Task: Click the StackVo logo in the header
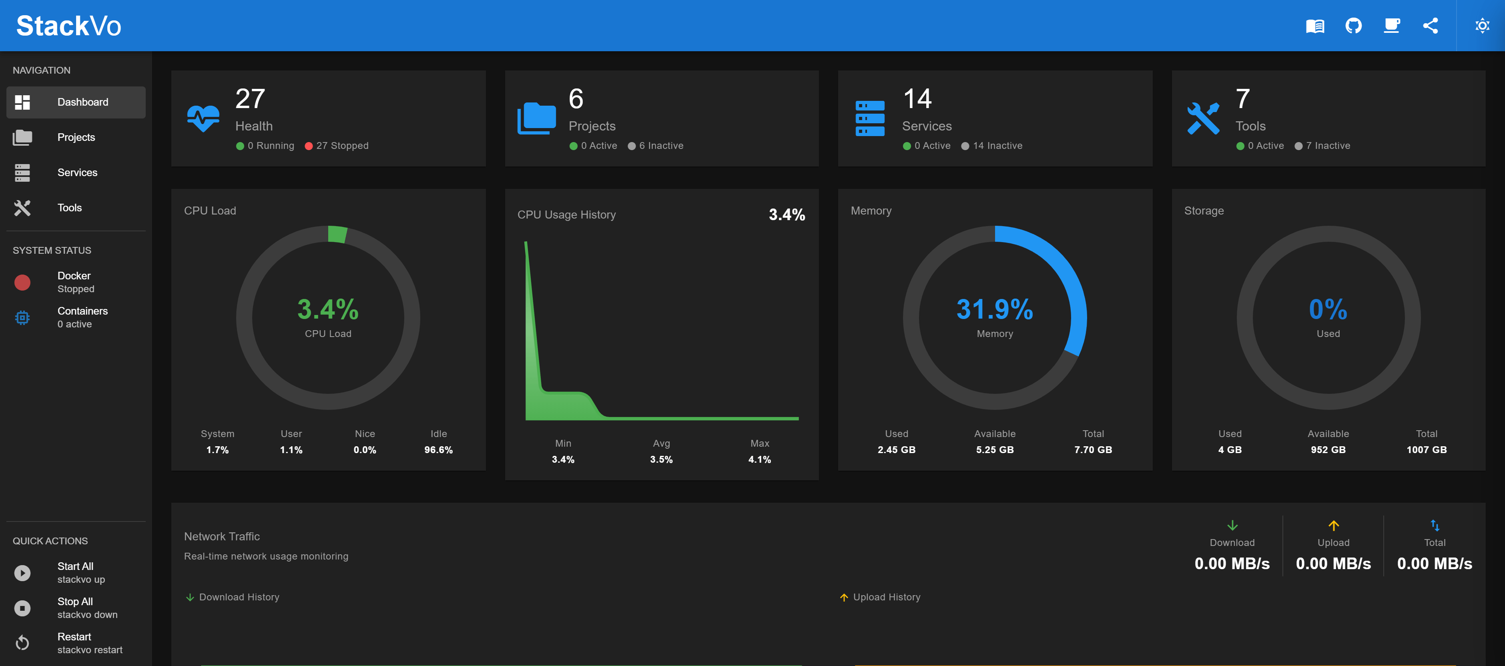point(68,26)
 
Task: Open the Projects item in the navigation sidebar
point(76,137)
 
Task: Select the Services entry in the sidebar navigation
point(77,173)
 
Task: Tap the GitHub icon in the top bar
point(1353,26)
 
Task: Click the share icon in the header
point(1430,26)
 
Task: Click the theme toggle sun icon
point(1482,26)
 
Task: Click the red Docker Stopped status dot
point(22,283)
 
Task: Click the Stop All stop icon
point(22,608)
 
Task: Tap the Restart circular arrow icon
point(22,643)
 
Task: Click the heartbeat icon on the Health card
point(203,118)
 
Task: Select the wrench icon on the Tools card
point(1203,118)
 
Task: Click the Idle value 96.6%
point(438,450)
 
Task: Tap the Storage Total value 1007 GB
point(1426,450)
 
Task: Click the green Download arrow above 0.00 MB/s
point(1232,525)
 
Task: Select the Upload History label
point(886,597)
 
